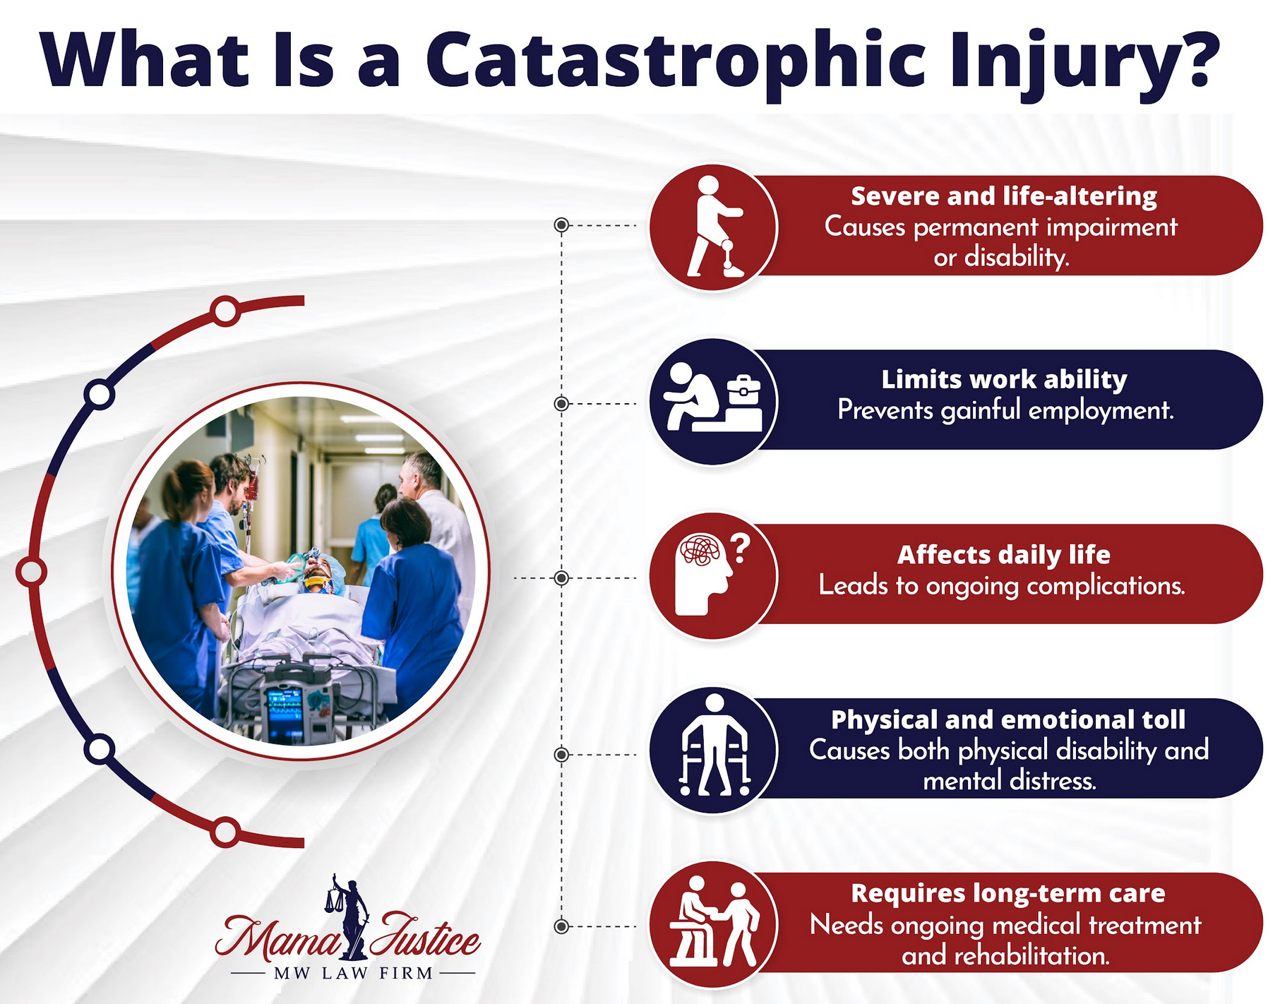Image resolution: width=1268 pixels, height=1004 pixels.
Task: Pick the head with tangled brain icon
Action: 706,573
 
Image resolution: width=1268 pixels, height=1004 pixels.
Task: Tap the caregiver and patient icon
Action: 713,924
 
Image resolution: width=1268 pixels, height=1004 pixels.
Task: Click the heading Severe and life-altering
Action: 1003,196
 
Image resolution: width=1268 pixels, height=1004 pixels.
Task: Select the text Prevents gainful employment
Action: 1005,410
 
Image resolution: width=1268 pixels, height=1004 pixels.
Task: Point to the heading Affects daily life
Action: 1003,555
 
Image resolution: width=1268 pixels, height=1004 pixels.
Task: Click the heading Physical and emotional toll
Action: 1007,719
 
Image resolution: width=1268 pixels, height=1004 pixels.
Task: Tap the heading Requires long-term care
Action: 1007,893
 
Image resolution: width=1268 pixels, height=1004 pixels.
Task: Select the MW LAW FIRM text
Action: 353,973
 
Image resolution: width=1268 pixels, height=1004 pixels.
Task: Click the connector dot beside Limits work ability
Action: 561,404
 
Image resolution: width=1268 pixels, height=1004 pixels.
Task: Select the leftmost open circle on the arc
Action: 31,572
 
